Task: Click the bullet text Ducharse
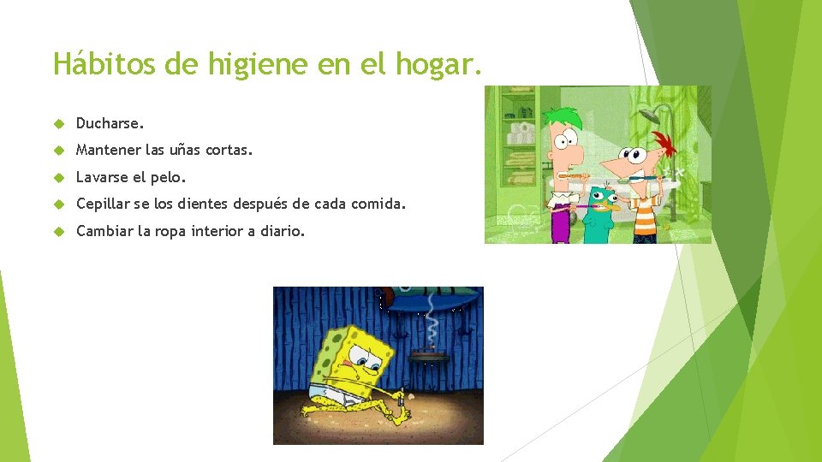(110, 123)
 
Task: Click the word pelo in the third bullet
(168, 178)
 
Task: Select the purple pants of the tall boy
(561, 227)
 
